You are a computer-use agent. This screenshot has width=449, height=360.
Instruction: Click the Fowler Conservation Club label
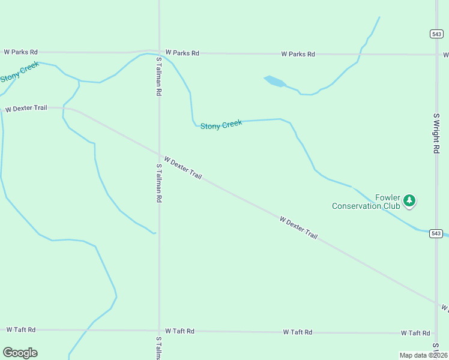366,202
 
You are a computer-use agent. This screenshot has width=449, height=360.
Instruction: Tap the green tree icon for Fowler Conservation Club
409,200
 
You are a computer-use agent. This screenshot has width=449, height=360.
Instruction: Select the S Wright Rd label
436,133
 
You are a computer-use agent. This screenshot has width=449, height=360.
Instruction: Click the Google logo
20,353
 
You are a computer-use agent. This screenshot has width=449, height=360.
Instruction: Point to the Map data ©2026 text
423,355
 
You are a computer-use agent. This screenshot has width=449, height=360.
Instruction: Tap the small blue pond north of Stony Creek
274,81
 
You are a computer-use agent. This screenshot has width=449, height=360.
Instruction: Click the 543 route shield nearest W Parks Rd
436,34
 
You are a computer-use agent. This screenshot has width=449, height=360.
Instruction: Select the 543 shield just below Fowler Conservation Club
436,233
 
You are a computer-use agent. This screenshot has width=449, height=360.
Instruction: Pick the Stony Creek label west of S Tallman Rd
19,72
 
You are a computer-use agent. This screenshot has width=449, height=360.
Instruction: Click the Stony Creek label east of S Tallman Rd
221,125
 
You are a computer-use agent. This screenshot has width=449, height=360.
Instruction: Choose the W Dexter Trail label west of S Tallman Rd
26,109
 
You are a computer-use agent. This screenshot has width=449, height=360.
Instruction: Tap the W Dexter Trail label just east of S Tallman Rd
182,168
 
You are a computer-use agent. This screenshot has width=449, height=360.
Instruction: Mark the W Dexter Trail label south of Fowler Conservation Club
298,228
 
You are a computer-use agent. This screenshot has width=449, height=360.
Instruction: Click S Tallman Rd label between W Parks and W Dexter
159,77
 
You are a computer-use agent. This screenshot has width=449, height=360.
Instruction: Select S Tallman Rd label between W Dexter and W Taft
159,182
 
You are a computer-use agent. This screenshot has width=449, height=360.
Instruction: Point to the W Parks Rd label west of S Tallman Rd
20,52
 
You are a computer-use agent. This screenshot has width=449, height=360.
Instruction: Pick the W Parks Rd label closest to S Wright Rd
298,54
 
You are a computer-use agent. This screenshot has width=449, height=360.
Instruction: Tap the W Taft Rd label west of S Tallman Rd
21,329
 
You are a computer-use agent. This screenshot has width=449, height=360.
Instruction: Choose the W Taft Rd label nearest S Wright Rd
416,333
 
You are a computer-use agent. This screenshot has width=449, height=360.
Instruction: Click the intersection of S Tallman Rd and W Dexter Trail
159,154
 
